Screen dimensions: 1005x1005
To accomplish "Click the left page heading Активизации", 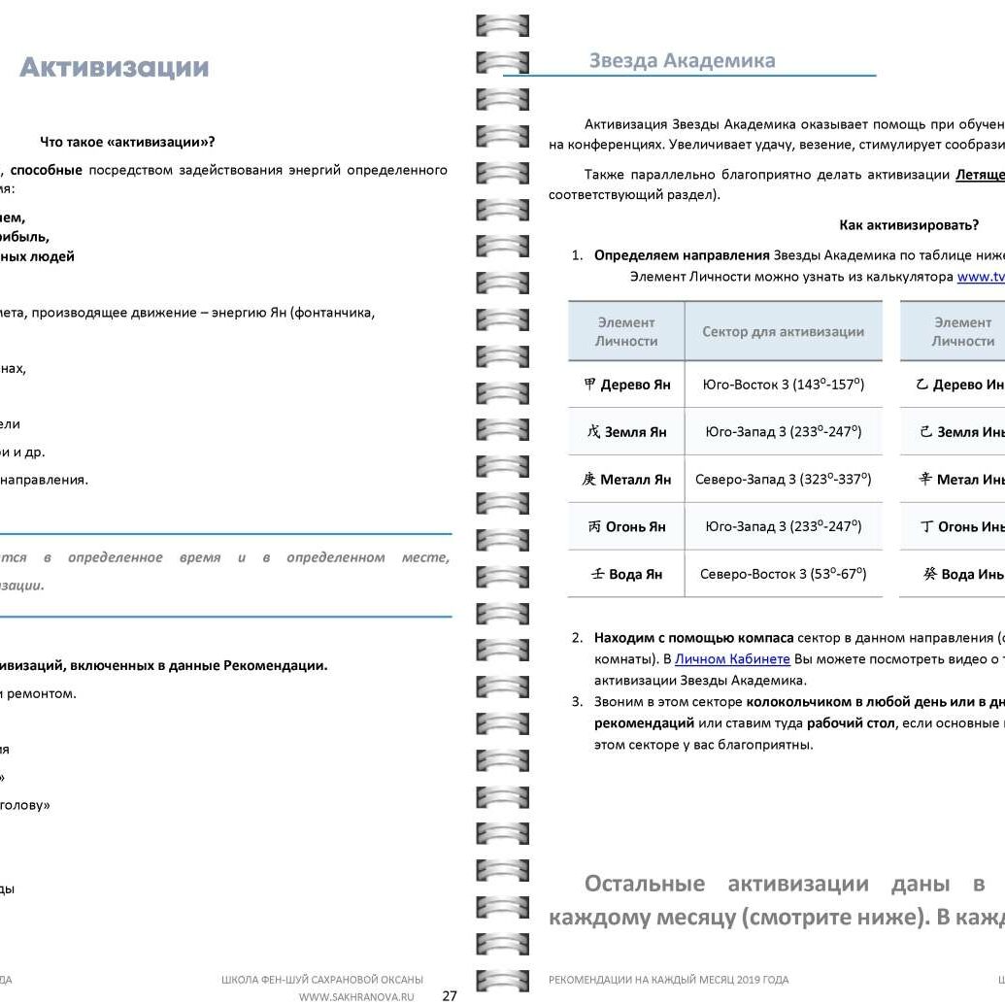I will click(x=114, y=68).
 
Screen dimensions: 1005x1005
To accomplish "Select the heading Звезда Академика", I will click(x=682, y=60).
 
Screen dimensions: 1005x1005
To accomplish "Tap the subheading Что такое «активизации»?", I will click(x=127, y=142).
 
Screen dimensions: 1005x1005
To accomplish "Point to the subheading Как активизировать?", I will click(x=908, y=225).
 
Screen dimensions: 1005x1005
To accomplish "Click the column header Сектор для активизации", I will click(x=783, y=332).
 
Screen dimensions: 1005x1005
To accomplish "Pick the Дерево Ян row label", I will click(x=627, y=385).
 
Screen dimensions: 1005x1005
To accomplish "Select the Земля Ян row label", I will click(x=627, y=432).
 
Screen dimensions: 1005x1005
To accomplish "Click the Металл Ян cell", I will click(x=627, y=480).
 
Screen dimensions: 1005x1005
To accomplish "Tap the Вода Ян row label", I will click(x=627, y=574).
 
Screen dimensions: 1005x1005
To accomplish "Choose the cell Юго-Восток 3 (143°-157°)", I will click(x=783, y=385).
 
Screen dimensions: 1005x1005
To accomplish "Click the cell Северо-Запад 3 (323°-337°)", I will click(x=783, y=480).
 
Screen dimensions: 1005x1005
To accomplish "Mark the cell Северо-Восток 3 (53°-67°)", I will click(x=783, y=574).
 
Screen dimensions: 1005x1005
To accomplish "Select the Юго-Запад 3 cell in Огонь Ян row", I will click(x=783, y=527).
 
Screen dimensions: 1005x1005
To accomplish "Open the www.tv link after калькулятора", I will click(x=980, y=276).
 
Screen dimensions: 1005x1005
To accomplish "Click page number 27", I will click(x=450, y=994).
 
